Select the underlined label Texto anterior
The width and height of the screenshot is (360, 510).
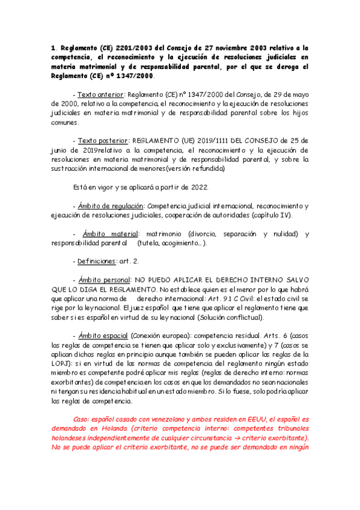tap(99, 95)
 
